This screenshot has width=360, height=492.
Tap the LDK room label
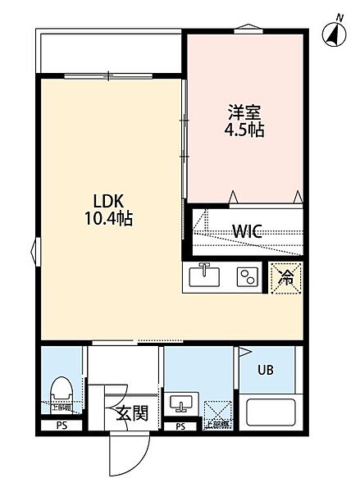point(107,201)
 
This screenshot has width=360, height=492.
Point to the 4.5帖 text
point(245,130)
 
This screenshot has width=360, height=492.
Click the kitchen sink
point(204,277)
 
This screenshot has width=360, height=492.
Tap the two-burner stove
point(247,277)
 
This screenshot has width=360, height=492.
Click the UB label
point(267,370)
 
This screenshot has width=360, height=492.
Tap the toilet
point(62,391)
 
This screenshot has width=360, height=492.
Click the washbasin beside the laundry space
point(181,405)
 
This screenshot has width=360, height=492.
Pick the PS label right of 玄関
point(180,426)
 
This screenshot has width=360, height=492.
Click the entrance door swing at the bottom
point(127,453)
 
